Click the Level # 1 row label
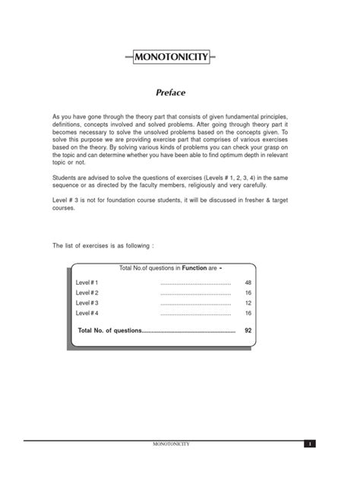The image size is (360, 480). pos(87,282)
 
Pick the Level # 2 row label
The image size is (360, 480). pos(87,292)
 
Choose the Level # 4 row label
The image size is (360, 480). pos(87,313)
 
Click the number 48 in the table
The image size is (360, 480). pos(248,282)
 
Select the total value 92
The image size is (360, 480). pos(248,331)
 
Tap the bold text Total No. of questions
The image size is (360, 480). pos(109,331)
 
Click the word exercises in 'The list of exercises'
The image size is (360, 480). pos(104,246)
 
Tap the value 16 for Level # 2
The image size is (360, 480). pos(248,292)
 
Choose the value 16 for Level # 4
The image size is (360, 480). pos(248,313)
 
